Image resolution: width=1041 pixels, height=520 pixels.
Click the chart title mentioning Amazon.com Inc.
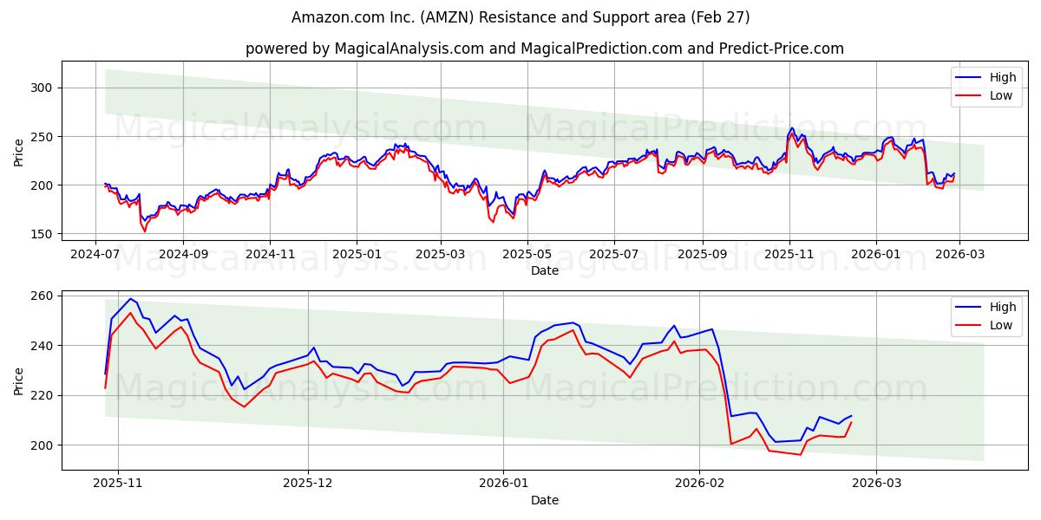coord(520,17)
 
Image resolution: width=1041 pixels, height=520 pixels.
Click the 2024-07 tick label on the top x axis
coord(96,255)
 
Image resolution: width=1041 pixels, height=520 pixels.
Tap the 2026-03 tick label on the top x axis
coord(960,255)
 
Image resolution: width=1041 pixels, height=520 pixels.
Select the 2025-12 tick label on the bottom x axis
coord(308,484)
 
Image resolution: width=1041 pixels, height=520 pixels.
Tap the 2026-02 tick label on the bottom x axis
coord(699,484)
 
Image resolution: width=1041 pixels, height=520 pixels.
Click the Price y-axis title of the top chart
coord(19,152)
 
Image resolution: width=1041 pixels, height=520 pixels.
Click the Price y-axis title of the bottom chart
coord(19,380)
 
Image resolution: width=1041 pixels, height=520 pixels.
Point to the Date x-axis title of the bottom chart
coord(544,500)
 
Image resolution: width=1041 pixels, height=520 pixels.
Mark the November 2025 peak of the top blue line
coord(791,128)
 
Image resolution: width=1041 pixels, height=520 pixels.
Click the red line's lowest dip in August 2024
coord(145,231)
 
